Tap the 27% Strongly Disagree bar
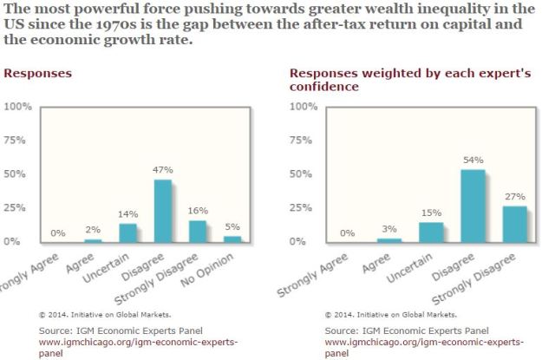coord(515,224)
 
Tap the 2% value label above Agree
coord(92,229)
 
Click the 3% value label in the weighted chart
coord(389,227)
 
